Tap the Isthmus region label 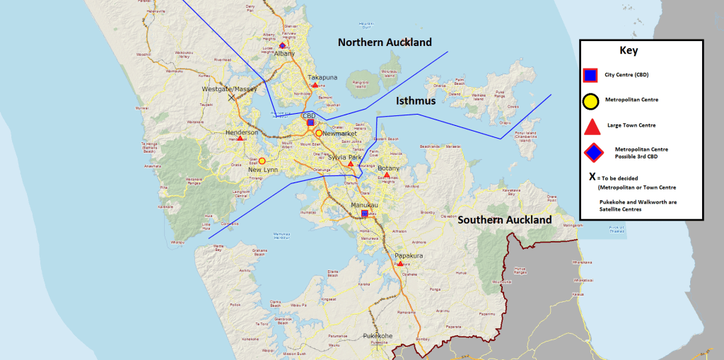pos(415,101)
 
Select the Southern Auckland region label pos(504,220)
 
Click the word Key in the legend pos(629,51)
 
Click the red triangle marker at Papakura pos(401,264)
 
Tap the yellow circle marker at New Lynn pos(262,161)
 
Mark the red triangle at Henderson pos(240,139)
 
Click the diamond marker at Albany pos(282,46)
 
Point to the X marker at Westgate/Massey pos(231,97)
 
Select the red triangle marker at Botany pos(387,175)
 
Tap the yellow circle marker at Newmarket pos(319,133)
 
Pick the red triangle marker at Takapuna pos(315,85)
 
